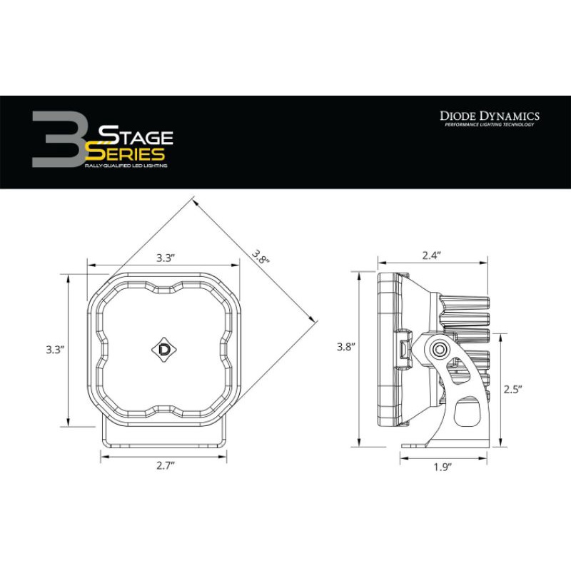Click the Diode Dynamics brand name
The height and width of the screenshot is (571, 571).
click(488, 116)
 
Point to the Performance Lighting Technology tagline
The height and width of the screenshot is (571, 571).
click(488, 126)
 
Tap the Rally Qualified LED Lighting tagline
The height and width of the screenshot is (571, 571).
click(126, 166)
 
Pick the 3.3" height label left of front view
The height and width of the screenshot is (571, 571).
click(54, 349)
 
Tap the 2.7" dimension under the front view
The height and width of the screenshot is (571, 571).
click(164, 465)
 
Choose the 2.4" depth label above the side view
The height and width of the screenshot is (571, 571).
click(431, 254)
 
